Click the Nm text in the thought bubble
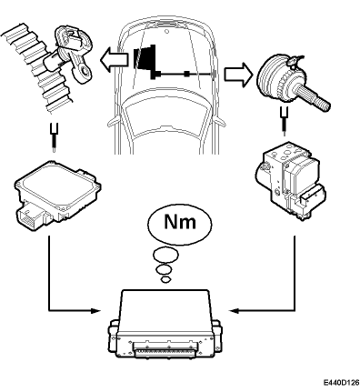[x=180, y=222]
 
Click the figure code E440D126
[x=341, y=382]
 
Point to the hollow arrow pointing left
[x=114, y=58]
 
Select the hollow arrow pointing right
[x=238, y=75]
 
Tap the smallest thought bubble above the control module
[x=165, y=279]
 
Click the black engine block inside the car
[x=145, y=59]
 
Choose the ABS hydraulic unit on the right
[x=290, y=181]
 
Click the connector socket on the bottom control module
[x=165, y=351]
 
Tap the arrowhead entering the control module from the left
[x=95, y=310]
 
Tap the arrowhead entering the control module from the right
[x=235, y=310]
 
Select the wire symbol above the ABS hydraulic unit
[x=285, y=121]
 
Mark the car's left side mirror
[x=112, y=122]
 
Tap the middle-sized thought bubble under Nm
[x=164, y=268]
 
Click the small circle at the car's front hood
[x=166, y=31]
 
